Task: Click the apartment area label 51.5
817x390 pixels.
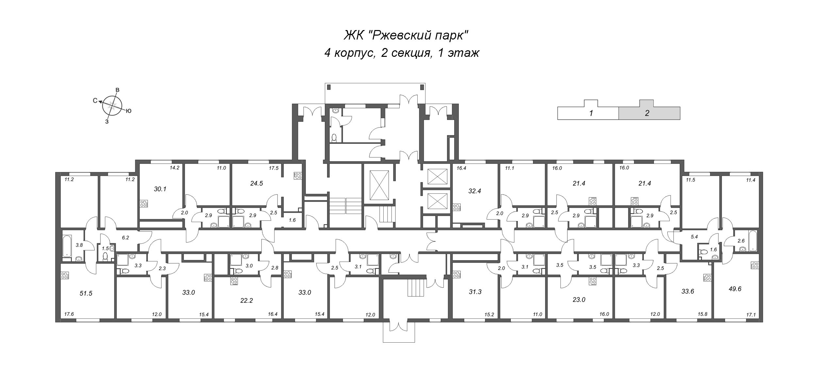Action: (86, 293)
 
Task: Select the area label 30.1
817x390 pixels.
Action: (160, 189)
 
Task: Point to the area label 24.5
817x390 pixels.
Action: (256, 183)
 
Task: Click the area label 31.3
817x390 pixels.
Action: (475, 292)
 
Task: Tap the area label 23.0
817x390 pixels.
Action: (579, 299)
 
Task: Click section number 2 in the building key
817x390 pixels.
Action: (647, 114)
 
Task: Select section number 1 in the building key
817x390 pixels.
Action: (591, 114)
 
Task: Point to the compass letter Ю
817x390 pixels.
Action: (128, 111)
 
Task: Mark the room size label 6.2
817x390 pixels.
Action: (125, 238)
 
